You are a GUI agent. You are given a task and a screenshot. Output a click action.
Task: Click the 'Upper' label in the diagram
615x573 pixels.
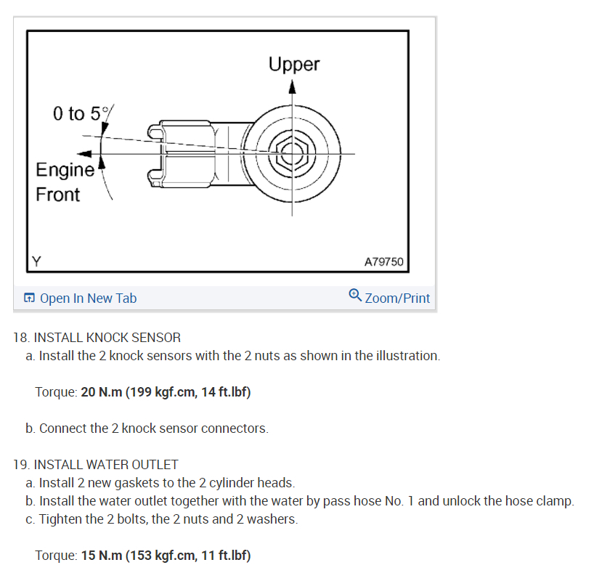coord(294,64)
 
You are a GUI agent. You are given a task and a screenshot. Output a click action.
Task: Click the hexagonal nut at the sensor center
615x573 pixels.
coord(293,154)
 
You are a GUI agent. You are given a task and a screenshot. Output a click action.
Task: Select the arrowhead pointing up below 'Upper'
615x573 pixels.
coord(293,87)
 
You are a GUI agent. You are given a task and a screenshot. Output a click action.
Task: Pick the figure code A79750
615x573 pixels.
coord(383,261)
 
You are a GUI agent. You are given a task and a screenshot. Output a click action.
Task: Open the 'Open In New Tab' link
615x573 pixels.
coord(88,298)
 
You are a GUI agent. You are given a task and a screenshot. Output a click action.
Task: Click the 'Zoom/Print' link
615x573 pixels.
coord(397,298)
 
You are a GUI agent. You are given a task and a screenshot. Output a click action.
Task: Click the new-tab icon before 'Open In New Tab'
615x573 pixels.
coord(29,298)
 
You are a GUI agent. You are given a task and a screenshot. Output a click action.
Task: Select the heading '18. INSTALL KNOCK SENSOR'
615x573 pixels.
coord(97,338)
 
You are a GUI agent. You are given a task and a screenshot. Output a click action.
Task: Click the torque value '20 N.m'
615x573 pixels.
coord(101,392)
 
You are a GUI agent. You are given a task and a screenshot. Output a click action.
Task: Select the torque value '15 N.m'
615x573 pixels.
coord(101,556)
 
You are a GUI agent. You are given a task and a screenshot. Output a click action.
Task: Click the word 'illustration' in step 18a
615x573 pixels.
coord(410,356)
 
